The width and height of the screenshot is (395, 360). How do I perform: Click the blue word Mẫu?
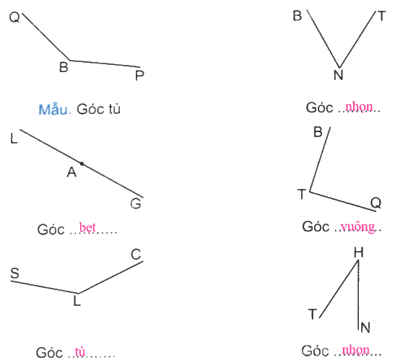tap(53, 109)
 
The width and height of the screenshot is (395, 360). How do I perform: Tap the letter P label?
tap(139, 75)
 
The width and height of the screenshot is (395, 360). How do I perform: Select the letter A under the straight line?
tap(71, 172)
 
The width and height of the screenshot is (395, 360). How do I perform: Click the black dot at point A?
tap(82, 164)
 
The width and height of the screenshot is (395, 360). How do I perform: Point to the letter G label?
tap(136, 203)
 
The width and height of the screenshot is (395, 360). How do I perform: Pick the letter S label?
tap(15, 273)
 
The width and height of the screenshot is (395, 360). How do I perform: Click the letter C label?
tap(136, 254)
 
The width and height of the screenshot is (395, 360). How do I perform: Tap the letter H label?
tap(358, 252)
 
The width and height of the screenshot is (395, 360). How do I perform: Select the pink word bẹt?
tap(87, 227)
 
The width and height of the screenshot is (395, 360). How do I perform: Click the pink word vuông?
tap(357, 227)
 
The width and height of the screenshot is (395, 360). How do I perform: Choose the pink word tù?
tap(80, 351)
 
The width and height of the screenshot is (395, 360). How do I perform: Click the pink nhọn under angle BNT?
tap(359, 107)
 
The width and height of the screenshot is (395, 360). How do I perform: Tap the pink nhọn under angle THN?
tap(355, 350)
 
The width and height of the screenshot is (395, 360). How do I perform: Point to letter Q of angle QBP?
tap(14, 17)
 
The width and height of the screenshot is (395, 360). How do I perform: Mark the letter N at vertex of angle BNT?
tap(339, 75)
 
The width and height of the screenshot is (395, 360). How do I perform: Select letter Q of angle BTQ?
tap(376, 203)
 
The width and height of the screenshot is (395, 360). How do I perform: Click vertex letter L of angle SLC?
tap(77, 301)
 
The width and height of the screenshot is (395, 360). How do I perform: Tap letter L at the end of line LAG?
tap(14, 139)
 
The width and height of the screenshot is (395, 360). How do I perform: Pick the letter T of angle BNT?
tap(382, 16)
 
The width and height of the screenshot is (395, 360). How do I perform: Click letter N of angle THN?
tap(365, 328)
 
